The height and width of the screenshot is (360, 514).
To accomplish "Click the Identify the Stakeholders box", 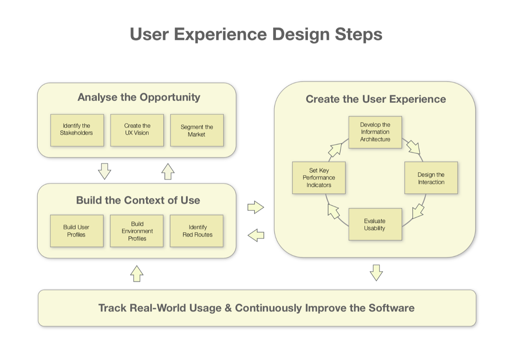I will coord(77,130).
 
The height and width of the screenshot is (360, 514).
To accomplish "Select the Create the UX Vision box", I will coord(137,130).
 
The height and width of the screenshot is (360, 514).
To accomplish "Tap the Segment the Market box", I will coord(197,131).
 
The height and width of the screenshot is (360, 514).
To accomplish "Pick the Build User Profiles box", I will coord(77,231).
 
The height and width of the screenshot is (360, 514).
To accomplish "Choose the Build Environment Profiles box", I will coord(137,231).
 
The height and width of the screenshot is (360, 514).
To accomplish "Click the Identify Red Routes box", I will coord(197,231).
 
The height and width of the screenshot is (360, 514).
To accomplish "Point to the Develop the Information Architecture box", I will coord(375,132).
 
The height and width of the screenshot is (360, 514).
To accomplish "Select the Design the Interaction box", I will coord(431,178).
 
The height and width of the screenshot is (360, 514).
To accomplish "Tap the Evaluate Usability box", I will coord(375,224).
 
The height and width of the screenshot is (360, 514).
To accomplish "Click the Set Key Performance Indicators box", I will coord(319,177).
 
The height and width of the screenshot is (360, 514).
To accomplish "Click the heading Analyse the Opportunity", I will coord(139,97).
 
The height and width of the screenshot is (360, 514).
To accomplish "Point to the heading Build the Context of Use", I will coord(138,200).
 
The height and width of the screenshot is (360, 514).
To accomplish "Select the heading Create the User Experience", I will coord(376,99).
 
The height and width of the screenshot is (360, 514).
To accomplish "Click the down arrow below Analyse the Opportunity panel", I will coord(105,171).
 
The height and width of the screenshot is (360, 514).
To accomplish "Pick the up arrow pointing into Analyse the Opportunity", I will coord(168,171).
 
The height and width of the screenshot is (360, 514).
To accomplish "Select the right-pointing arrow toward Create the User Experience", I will coord(256,208).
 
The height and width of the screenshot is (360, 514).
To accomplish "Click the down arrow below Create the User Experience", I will coord(376,273).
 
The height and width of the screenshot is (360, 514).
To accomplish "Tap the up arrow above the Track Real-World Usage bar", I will coord(137,273).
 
